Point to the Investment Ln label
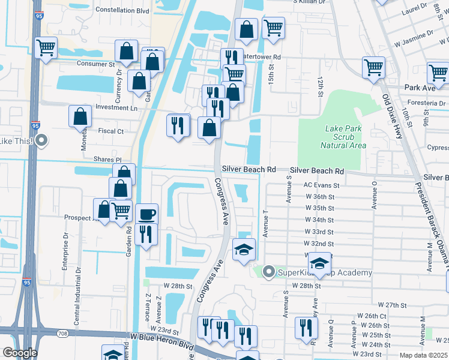click(x=116, y=108)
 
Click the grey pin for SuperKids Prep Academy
click(x=268, y=272)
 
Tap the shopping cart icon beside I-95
click(x=46, y=47)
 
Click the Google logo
click(x=20, y=353)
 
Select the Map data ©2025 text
click(x=423, y=355)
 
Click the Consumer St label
click(x=95, y=64)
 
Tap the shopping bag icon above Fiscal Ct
click(x=80, y=116)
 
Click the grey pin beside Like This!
click(x=41, y=142)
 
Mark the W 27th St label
click(x=393, y=305)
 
